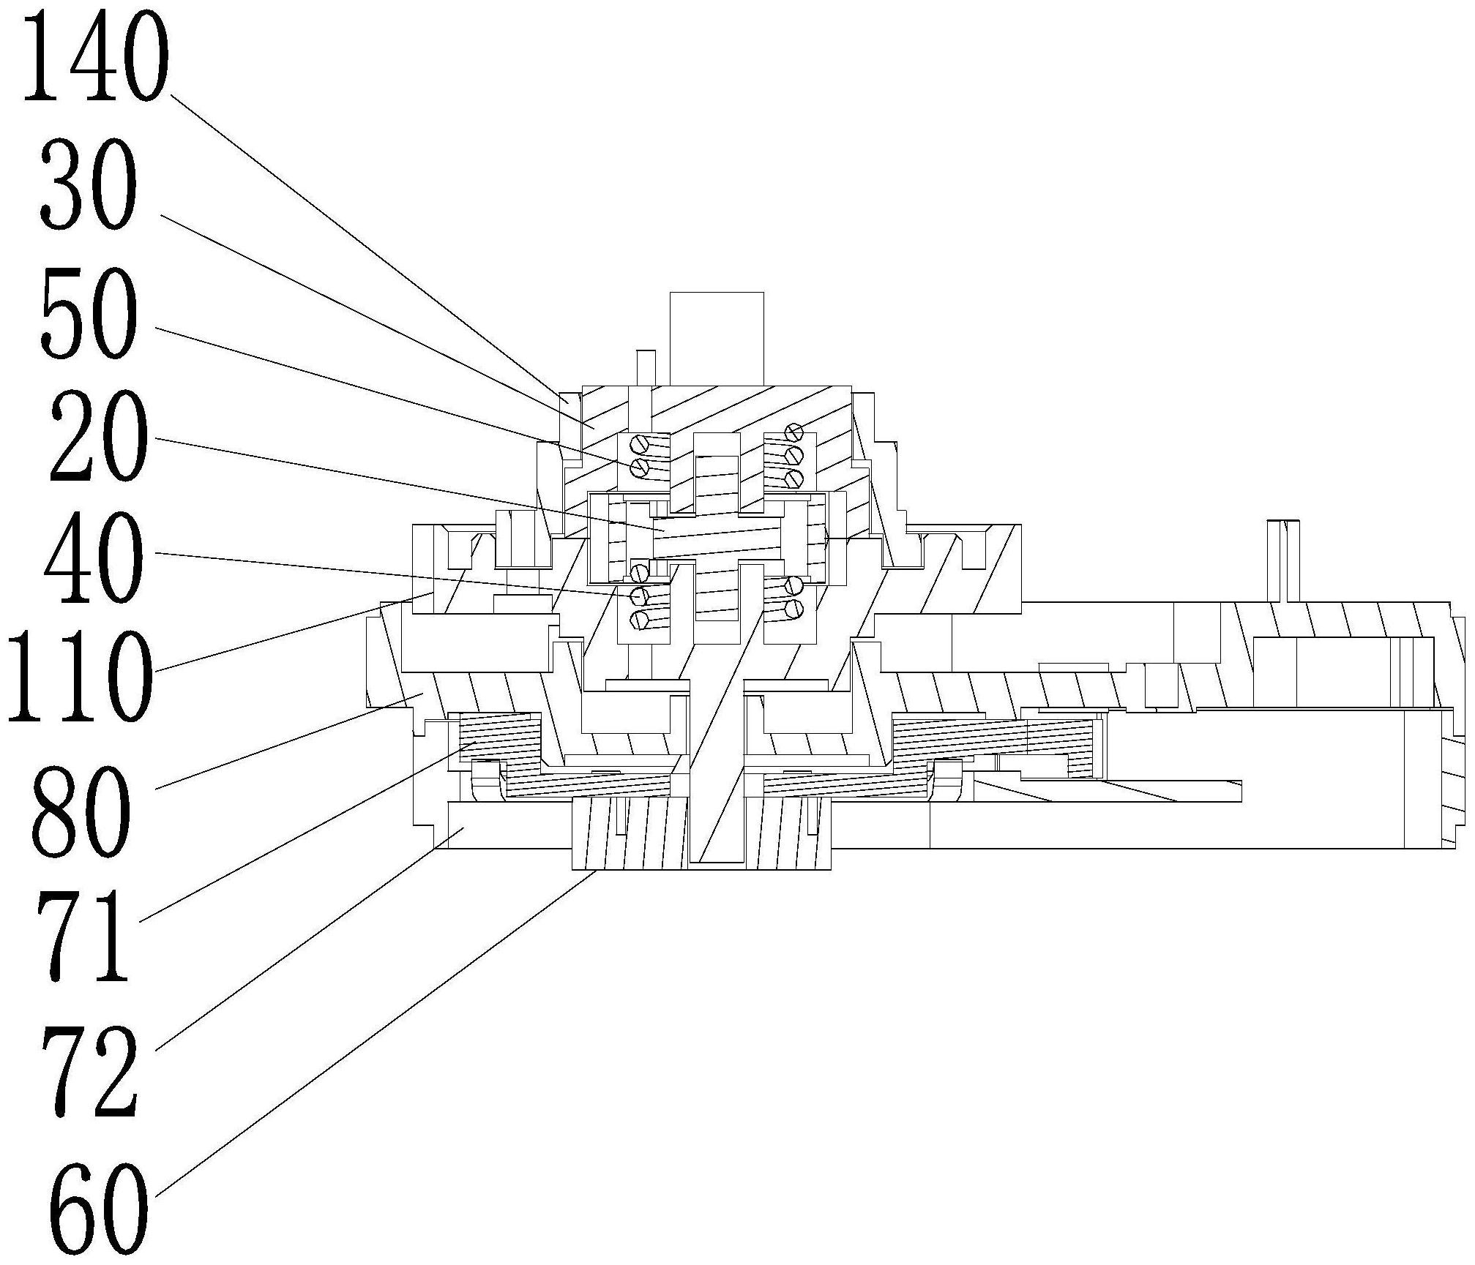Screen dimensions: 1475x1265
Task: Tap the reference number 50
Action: coord(89,312)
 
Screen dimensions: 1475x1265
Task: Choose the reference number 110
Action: coord(80,677)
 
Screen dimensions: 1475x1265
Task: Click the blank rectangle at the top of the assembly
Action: coord(717,339)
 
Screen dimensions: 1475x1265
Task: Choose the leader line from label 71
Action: coord(307,831)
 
